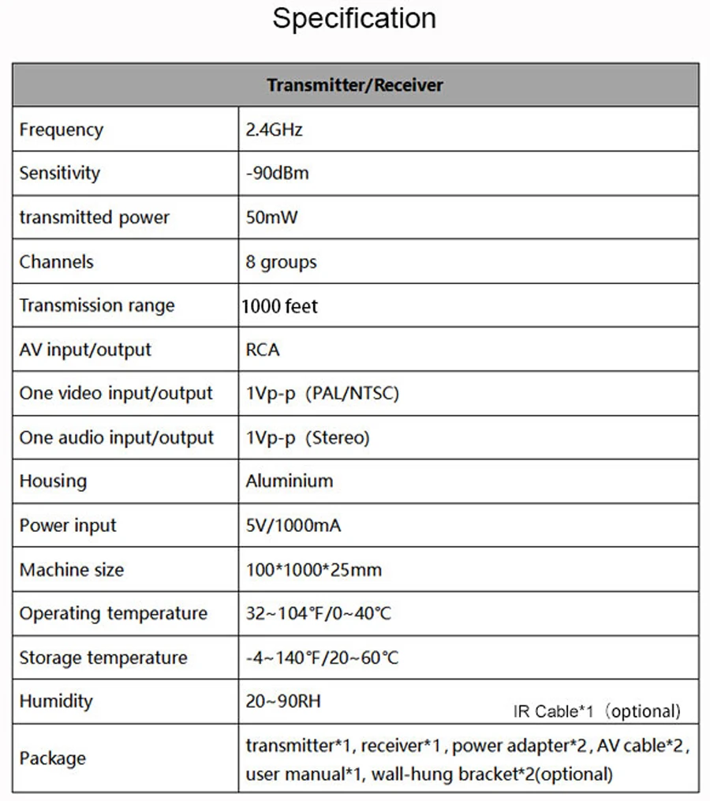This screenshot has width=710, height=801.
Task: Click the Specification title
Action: (x=354, y=18)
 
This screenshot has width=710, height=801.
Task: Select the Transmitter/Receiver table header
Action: (x=354, y=85)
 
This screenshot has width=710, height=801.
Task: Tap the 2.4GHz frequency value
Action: (x=274, y=129)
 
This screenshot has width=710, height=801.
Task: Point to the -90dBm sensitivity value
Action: (x=277, y=174)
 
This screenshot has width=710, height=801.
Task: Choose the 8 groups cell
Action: (x=281, y=262)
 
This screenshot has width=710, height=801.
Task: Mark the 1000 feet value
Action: (x=280, y=305)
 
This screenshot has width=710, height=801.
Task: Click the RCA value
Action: (x=263, y=350)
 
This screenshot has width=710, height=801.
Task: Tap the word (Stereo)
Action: (x=337, y=437)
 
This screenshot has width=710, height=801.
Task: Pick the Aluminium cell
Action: (x=290, y=481)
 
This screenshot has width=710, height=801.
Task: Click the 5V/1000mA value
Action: (x=293, y=525)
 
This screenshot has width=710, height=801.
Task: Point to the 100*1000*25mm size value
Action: (x=313, y=569)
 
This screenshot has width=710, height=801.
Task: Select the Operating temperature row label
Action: (x=114, y=613)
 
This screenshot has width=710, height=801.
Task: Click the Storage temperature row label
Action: (x=103, y=657)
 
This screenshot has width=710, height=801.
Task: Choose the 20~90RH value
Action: (x=283, y=701)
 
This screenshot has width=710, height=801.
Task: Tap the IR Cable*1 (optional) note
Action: (x=596, y=711)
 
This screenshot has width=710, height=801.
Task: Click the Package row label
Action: (x=53, y=758)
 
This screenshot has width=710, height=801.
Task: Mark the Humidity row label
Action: (x=56, y=701)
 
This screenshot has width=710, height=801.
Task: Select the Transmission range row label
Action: (x=97, y=305)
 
